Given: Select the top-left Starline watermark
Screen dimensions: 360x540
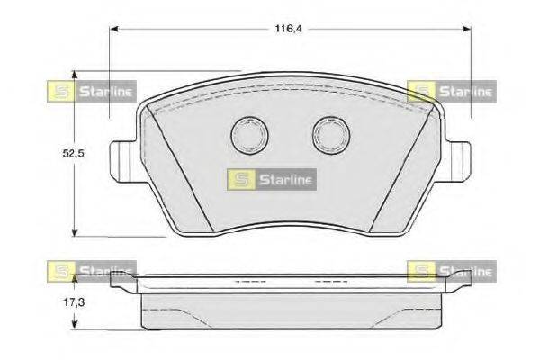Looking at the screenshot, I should point(90,89).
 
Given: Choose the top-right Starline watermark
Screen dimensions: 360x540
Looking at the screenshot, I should point(451,89).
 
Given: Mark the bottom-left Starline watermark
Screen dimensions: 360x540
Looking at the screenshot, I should point(90,269).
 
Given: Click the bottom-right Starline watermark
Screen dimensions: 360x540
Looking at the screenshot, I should point(451,269).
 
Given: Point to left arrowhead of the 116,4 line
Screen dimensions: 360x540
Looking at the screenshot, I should point(114,30).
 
